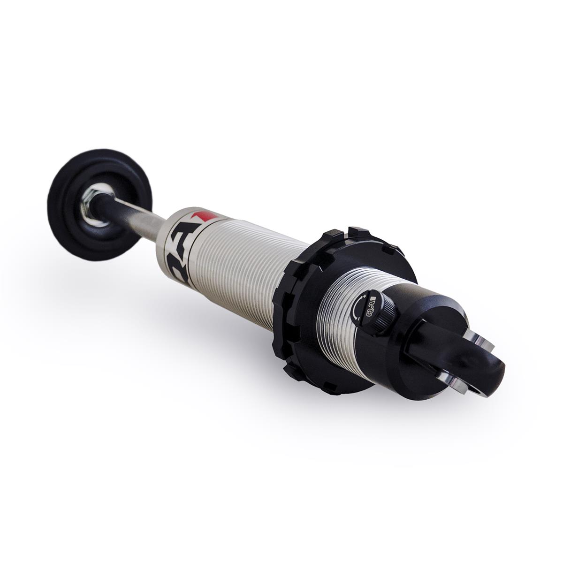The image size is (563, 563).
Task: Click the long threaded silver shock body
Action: pos(235,263)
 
